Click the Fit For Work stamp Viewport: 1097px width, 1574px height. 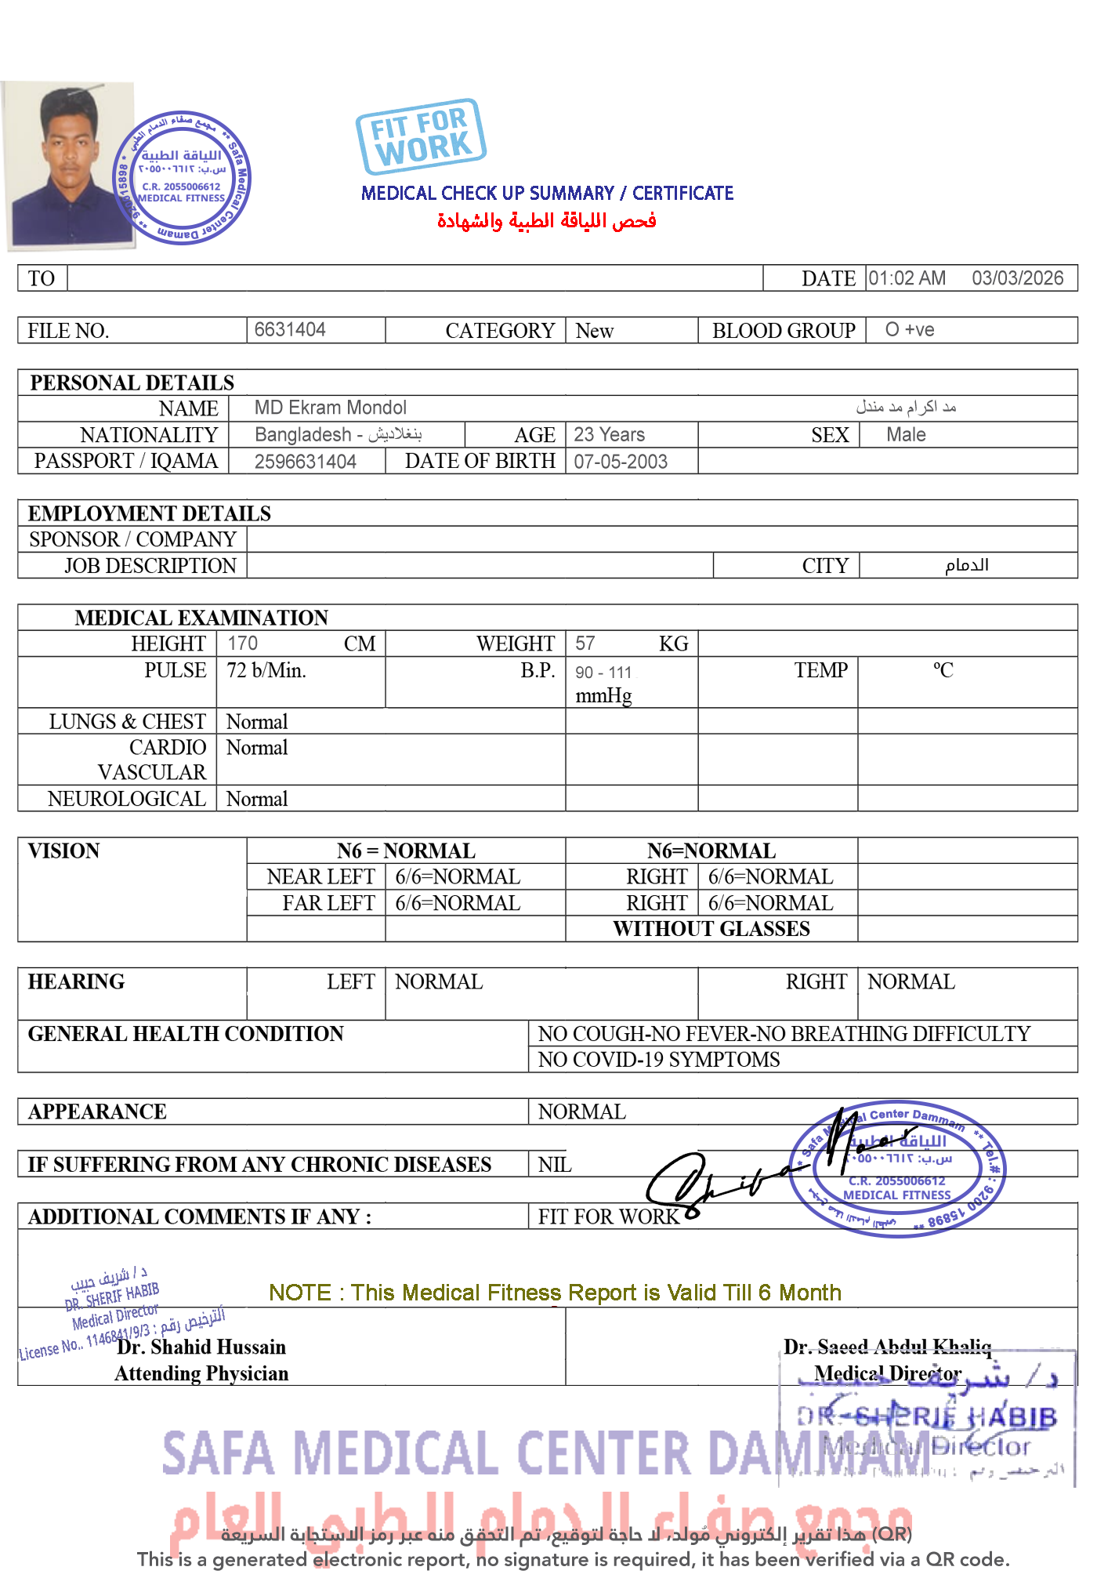tap(421, 137)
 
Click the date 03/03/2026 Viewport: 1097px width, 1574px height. tap(1016, 278)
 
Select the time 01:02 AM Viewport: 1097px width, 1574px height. tap(907, 278)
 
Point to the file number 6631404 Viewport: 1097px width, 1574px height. tap(290, 329)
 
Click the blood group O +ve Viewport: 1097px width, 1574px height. tap(909, 329)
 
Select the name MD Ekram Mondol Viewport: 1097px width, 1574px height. tap(330, 408)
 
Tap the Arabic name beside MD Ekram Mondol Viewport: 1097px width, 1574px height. tap(905, 407)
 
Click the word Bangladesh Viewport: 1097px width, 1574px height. tap(303, 434)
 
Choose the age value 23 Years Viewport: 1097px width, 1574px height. tap(609, 434)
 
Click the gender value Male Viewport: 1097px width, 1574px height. tap(906, 434)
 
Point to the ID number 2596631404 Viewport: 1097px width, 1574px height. tap(305, 462)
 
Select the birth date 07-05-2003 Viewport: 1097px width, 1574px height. tap(620, 462)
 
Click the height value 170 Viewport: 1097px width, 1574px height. tap(242, 644)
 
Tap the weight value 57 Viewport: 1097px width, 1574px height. tap(585, 644)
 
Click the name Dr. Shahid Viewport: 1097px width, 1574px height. tap(164, 1347)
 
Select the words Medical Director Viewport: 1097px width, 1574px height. tap(887, 1373)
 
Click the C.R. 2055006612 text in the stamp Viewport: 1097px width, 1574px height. tap(897, 1181)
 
